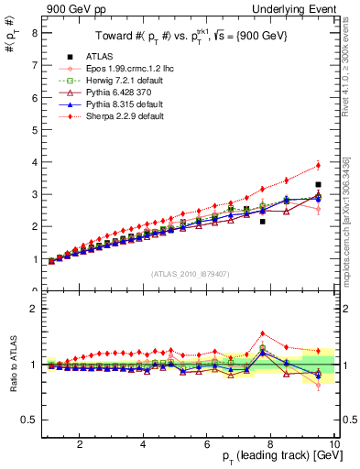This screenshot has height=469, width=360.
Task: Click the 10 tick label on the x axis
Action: point(335,445)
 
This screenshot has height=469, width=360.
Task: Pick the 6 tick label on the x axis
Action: point(208,445)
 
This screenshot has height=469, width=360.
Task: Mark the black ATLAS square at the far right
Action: point(318,185)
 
